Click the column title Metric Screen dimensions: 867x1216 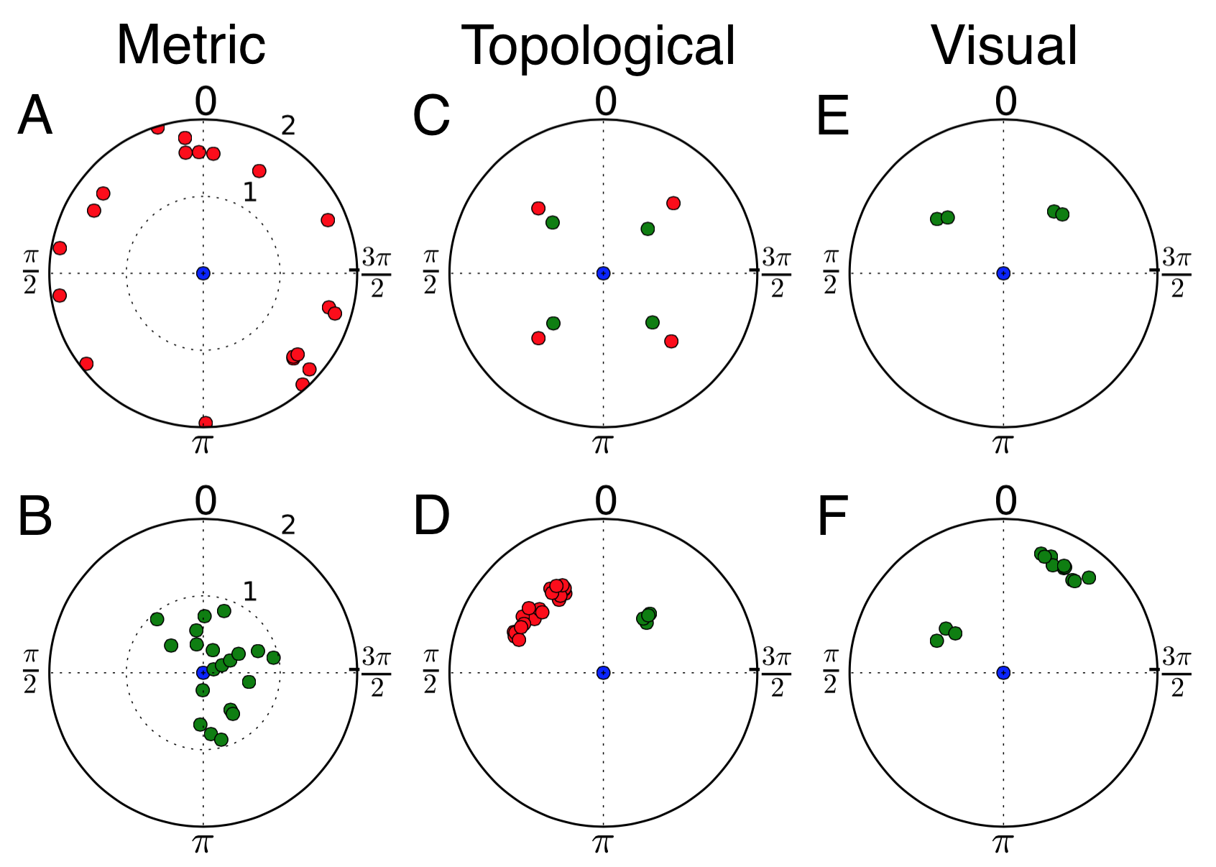click(x=190, y=45)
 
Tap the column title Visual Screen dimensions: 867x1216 click(x=1004, y=45)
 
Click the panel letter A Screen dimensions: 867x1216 click(x=35, y=116)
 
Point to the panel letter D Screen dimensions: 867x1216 click(x=431, y=516)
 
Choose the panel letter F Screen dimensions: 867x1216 click(x=834, y=516)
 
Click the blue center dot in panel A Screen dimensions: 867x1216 click(x=203, y=272)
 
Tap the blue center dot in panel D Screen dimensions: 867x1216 click(x=603, y=672)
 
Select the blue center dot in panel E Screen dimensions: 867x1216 click(x=1003, y=272)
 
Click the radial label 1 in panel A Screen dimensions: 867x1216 click(x=249, y=192)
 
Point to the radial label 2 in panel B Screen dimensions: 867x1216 click(x=288, y=526)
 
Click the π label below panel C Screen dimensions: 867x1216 click(x=602, y=444)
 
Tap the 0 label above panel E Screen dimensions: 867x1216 click(x=1006, y=101)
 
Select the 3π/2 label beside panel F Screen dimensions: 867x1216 click(x=1176, y=672)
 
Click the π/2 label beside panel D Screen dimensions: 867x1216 click(x=430, y=672)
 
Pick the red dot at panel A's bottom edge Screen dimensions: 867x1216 click(x=205, y=422)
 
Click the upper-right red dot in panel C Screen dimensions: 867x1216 click(x=673, y=203)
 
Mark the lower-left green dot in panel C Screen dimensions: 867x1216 click(x=553, y=324)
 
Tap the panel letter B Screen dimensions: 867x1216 click(x=35, y=516)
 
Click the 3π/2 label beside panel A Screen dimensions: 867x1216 click(x=377, y=272)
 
